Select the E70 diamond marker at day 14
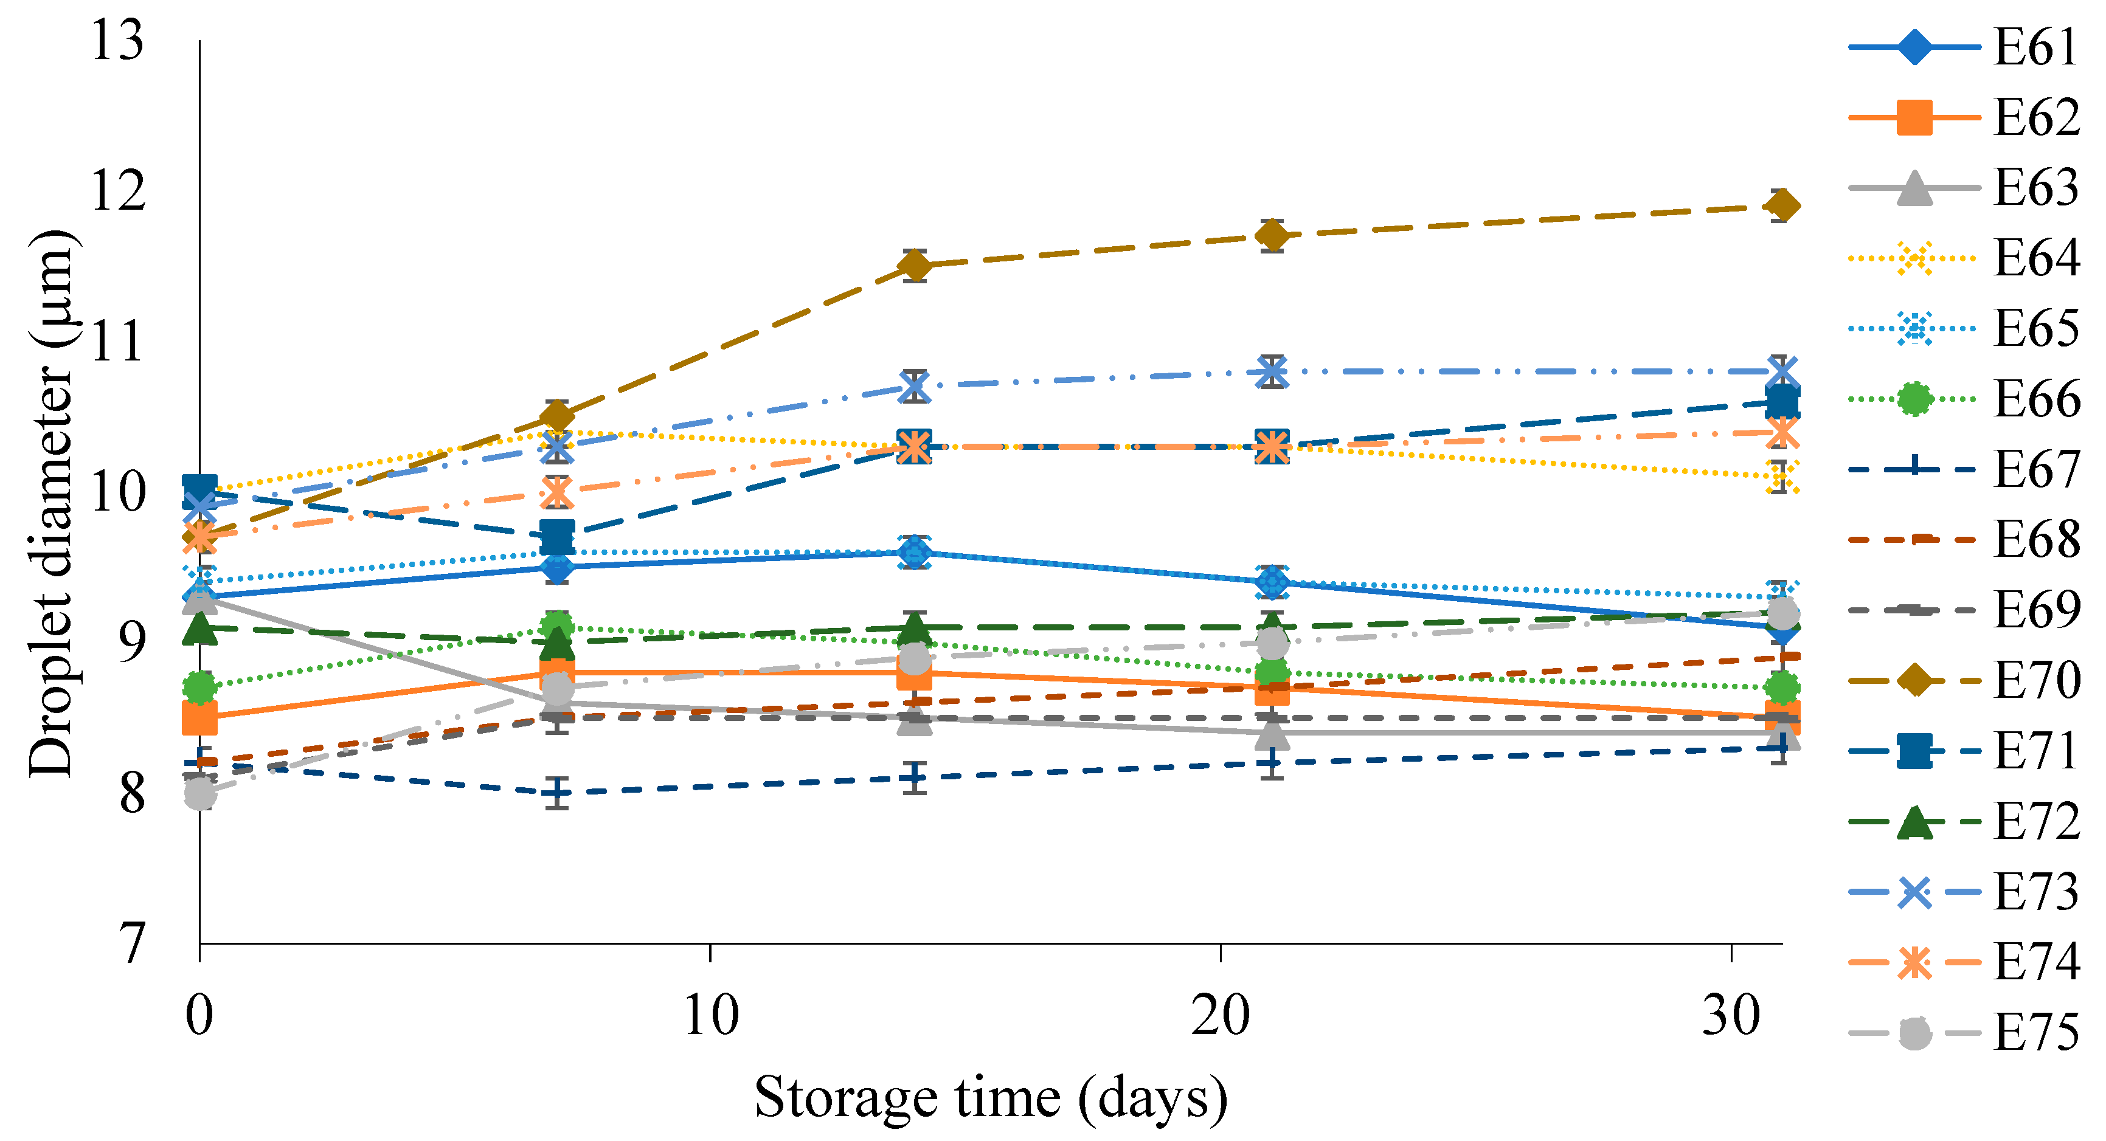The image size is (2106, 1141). (914, 266)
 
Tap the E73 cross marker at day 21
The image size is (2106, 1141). (1271, 372)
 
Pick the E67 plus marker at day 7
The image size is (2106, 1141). (556, 792)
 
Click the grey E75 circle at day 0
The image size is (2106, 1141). (199, 793)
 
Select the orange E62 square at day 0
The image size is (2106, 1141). (199, 718)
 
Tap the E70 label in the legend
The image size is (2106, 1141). (2035, 681)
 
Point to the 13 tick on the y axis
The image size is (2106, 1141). (117, 40)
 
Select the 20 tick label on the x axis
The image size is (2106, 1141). (1220, 1016)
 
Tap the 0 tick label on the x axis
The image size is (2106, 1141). (199, 1016)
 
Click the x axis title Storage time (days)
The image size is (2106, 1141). (990, 1098)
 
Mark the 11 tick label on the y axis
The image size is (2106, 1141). (117, 342)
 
